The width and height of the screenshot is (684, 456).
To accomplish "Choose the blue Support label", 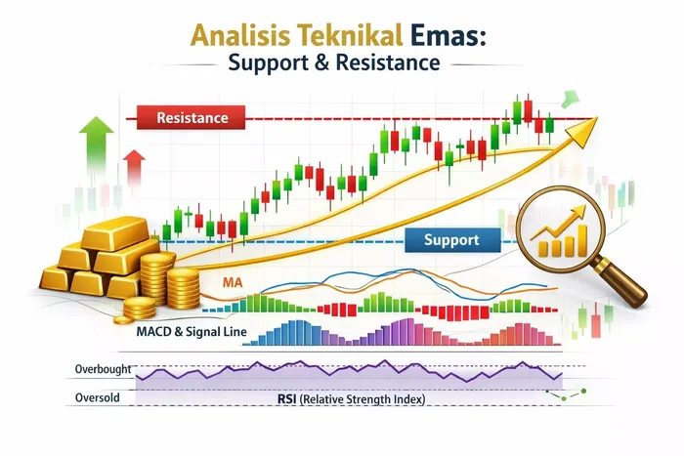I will click(x=452, y=239).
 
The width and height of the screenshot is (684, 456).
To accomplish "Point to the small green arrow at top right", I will click(x=565, y=99).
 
